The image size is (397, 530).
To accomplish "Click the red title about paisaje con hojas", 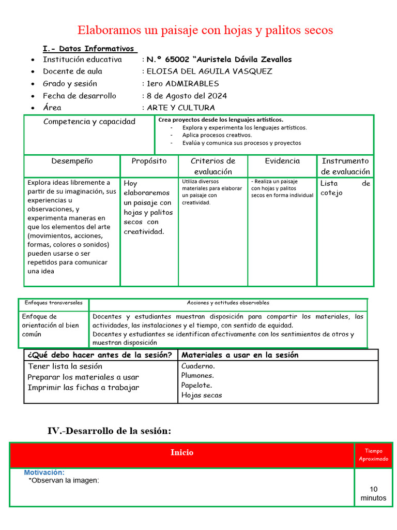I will tap(205, 30).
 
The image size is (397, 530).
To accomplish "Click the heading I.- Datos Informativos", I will tap(89, 49).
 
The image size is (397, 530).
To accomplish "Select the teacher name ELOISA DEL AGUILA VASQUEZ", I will tap(209, 71).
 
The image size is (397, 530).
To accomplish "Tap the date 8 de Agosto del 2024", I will tap(187, 96).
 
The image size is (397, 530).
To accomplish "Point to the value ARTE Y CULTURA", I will tap(180, 108).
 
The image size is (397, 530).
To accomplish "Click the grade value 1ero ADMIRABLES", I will tap(182, 83).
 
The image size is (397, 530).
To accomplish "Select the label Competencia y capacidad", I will tap(89, 122).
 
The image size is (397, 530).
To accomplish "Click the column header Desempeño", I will tap(72, 161).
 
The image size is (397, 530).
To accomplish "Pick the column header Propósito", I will tap(149, 161).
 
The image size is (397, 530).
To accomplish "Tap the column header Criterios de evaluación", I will tap(213, 166).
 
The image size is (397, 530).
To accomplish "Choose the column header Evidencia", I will tap(282, 161).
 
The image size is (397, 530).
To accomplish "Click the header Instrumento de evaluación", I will tap(345, 166).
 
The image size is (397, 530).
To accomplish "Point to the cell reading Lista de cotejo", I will tap(345, 188).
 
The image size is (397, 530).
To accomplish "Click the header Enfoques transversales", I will tap(54, 303).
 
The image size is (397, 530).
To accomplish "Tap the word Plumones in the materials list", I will tap(197, 375).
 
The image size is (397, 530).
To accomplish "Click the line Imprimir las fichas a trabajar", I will tap(83, 388).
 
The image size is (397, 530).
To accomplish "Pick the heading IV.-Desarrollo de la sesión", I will tap(109, 431).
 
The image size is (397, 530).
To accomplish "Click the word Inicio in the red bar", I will tap(182, 452).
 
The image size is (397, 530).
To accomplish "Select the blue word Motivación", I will tap(44, 473).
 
